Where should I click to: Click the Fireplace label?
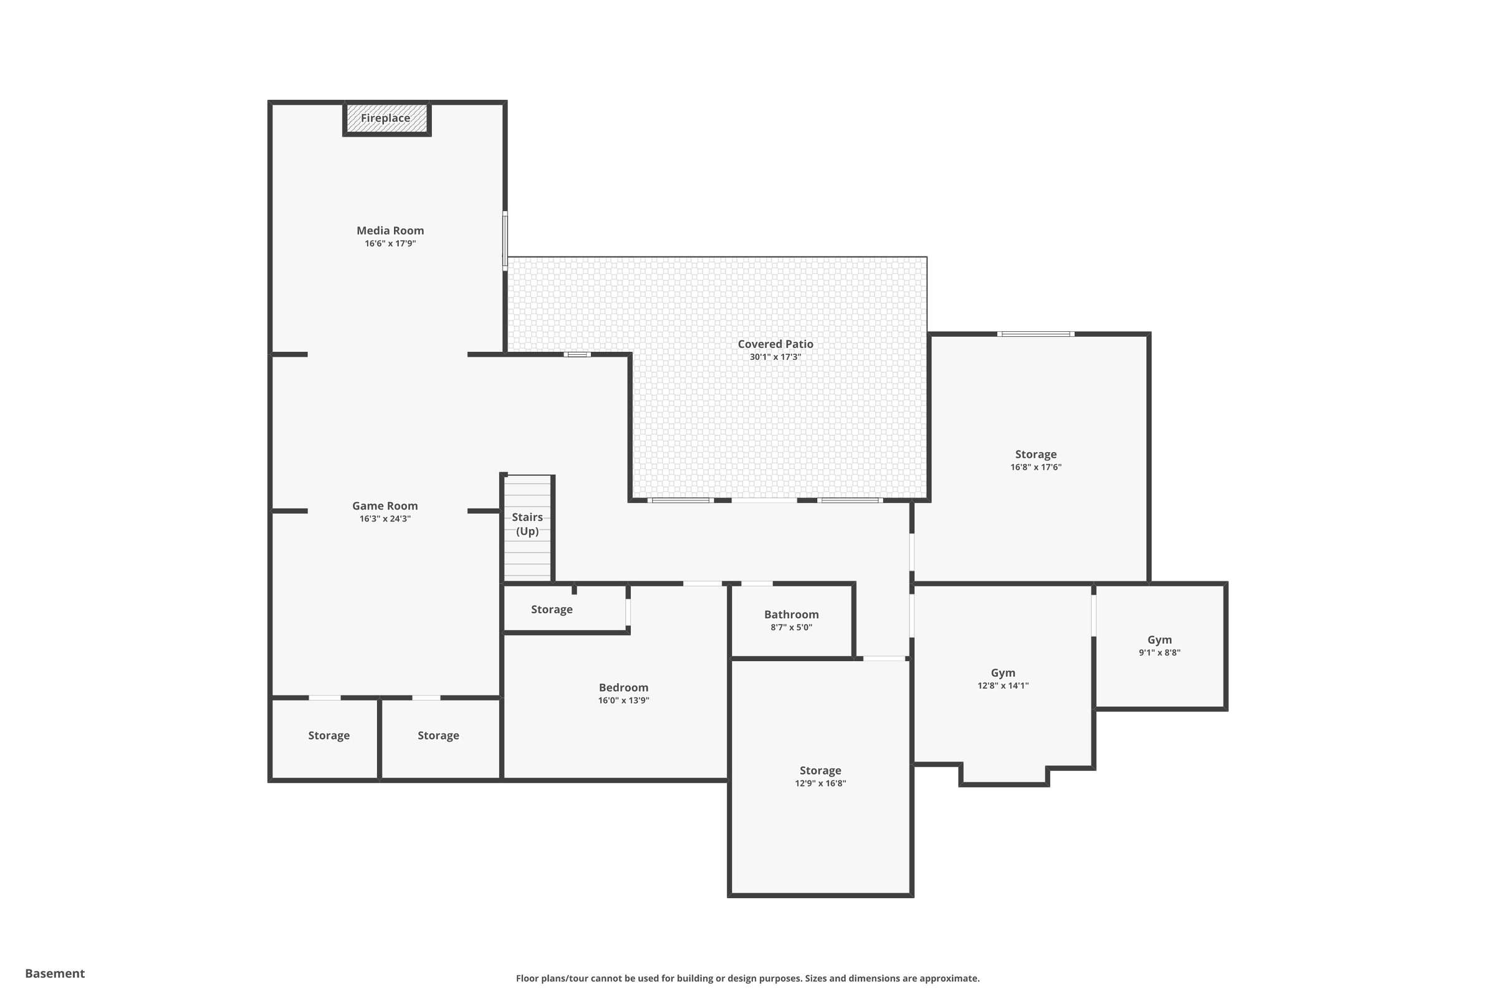[385, 119]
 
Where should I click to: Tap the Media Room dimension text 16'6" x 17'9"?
[390, 244]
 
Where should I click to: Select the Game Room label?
[385, 506]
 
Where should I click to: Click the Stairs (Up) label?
[527, 524]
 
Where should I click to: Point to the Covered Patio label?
[775, 344]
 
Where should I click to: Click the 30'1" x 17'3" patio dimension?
[775, 357]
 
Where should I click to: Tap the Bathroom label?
[791, 615]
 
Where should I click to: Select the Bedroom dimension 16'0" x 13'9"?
[623, 700]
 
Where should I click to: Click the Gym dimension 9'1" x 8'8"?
[1159, 652]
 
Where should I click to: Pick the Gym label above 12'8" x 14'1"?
[1003, 673]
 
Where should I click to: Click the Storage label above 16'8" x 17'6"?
[1035, 455]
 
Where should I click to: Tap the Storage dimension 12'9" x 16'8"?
[820, 783]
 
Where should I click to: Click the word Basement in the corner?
[55, 973]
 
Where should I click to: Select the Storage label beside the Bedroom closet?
[552, 610]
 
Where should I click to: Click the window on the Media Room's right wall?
[505, 241]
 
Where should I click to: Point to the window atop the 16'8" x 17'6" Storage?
[1035, 334]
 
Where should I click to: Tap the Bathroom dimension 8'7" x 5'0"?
[791, 627]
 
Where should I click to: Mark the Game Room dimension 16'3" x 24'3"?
[385, 519]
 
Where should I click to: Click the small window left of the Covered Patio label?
[577, 354]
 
